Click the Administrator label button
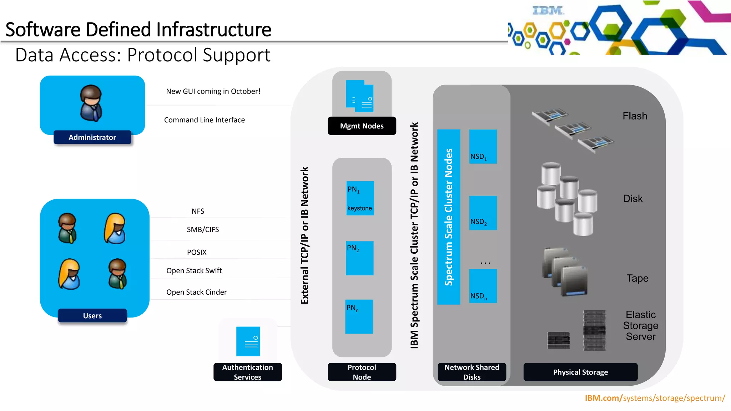[92, 137]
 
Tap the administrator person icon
[91, 103]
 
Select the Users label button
[92, 316]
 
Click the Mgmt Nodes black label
[362, 126]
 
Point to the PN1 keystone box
[360, 198]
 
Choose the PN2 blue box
[359, 258]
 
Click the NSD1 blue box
[483, 147]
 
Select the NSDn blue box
[483, 286]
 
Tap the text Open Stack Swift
[194, 271]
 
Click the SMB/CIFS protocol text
[203, 230]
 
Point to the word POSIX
[197, 252]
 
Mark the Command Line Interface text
[204, 120]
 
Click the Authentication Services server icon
[248, 341]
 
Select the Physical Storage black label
[580, 372]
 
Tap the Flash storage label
[635, 116]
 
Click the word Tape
[637, 278]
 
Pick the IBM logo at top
[548, 11]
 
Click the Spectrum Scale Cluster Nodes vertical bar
[448, 217]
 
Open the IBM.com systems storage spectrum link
[655, 398]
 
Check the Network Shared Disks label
[472, 372]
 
